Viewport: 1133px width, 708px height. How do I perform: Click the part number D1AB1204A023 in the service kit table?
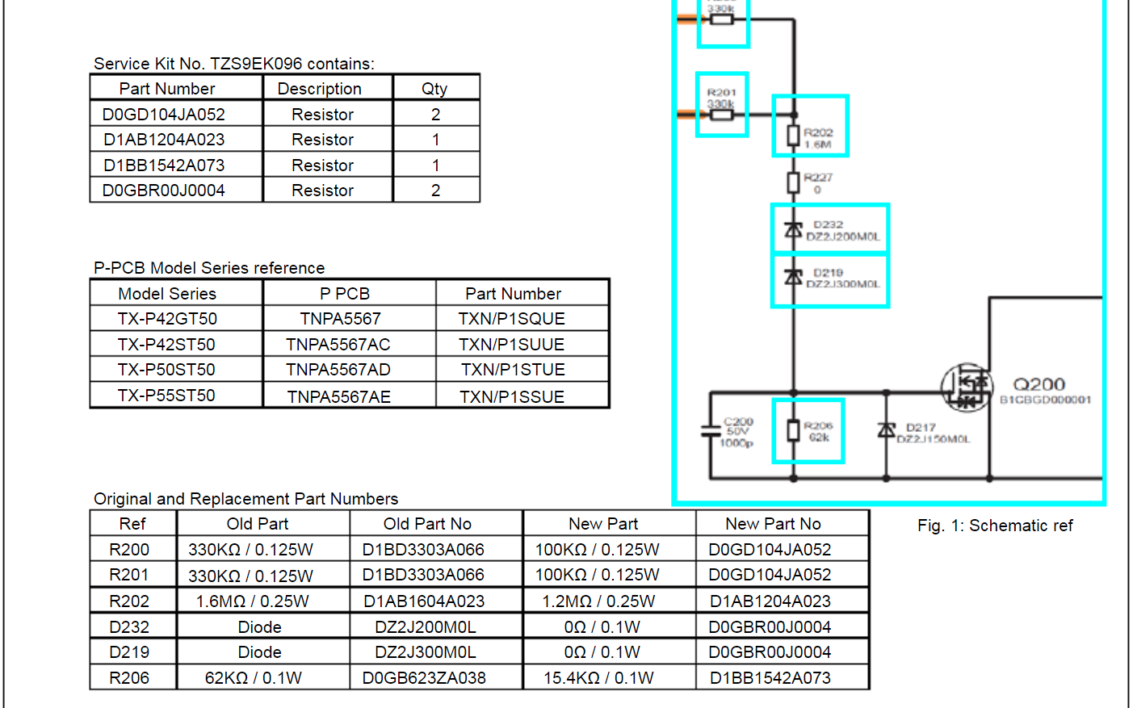pos(164,140)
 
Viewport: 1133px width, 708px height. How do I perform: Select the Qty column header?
pos(434,89)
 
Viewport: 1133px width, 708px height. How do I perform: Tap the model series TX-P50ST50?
pos(166,370)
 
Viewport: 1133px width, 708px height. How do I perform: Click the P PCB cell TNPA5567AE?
pos(339,396)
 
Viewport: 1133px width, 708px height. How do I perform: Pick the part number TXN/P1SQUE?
pos(512,319)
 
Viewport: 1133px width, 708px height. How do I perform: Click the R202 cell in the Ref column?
pos(129,601)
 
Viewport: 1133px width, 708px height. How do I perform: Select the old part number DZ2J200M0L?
pos(426,626)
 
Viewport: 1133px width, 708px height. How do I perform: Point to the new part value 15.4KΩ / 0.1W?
pos(598,678)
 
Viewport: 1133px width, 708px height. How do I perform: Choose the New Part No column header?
pos(773,524)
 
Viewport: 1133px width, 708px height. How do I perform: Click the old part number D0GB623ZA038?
pos(424,678)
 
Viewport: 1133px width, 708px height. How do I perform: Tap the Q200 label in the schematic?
pos(1039,384)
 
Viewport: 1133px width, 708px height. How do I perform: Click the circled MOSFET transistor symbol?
pos(966,388)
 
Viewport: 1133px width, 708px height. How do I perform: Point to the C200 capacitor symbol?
pos(711,431)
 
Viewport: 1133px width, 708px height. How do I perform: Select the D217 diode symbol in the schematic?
pos(887,430)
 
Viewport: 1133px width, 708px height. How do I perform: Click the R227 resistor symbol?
pos(794,182)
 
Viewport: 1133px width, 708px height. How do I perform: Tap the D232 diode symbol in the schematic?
pos(794,230)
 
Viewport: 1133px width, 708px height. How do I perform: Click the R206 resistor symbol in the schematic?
pos(794,430)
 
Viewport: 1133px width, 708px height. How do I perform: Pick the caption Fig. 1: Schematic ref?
pos(995,526)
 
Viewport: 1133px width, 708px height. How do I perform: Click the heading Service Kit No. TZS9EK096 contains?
pos(233,64)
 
